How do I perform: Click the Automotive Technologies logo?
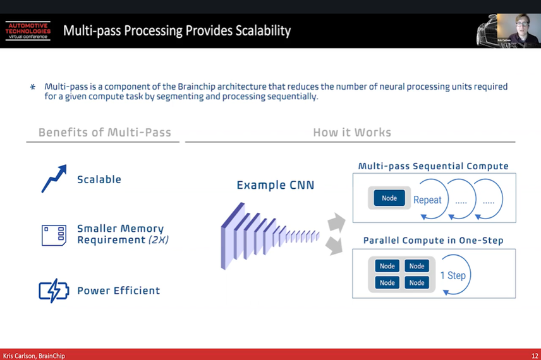click(28, 30)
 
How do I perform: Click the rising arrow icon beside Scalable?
click(54, 179)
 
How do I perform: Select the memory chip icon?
click(54, 235)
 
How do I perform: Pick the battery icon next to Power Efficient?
click(54, 291)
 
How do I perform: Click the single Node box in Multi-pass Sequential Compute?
click(389, 198)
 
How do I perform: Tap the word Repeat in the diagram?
click(427, 200)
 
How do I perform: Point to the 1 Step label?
click(453, 275)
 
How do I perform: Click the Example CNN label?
click(275, 185)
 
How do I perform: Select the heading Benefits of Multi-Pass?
click(104, 133)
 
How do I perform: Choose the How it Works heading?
click(352, 133)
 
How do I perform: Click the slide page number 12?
click(535, 356)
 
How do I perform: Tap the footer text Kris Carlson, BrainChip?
click(34, 356)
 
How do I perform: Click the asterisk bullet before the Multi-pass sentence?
click(33, 87)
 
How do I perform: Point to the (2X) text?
click(158, 240)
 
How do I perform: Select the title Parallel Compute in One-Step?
click(433, 241)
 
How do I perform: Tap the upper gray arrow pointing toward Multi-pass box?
click(336, 222)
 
